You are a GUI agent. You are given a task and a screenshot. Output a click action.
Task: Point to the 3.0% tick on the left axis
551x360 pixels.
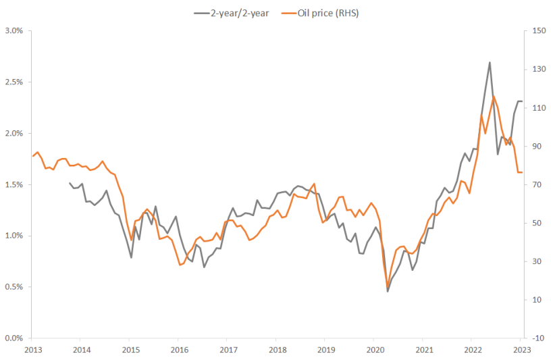[15, 31]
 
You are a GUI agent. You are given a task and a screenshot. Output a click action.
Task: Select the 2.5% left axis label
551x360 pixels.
[15, 82]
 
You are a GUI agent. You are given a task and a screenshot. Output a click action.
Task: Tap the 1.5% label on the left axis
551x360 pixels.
[15, 184]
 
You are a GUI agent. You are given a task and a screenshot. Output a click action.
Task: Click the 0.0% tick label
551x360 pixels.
[15, 338]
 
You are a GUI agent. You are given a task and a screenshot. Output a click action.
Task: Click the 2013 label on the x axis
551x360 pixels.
[32, 350]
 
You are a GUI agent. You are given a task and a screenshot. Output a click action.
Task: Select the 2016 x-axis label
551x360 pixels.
[180, 350]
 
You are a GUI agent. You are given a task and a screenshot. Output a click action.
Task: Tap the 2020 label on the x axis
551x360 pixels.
[375, 350]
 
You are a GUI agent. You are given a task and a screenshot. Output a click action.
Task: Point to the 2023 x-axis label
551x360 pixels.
[522, 350]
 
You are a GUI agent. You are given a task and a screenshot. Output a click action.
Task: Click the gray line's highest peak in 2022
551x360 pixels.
[490, 62]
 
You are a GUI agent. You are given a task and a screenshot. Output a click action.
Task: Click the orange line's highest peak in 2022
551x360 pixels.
[494, 97]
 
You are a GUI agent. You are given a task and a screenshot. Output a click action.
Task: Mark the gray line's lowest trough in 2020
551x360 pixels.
[388, 291]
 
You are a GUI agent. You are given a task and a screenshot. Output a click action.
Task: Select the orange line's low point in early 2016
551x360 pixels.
[180, 265]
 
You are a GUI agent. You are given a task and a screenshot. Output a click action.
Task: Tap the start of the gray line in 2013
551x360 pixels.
[70, 182]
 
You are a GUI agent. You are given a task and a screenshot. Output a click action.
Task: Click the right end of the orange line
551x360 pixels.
[522, 172]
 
